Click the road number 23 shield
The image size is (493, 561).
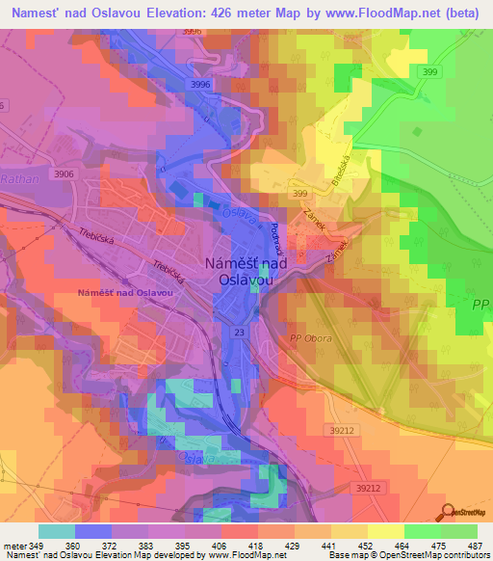click(238, 332)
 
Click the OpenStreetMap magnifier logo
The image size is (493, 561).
click(448, 512)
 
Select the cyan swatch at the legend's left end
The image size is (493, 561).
click(57, 530)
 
